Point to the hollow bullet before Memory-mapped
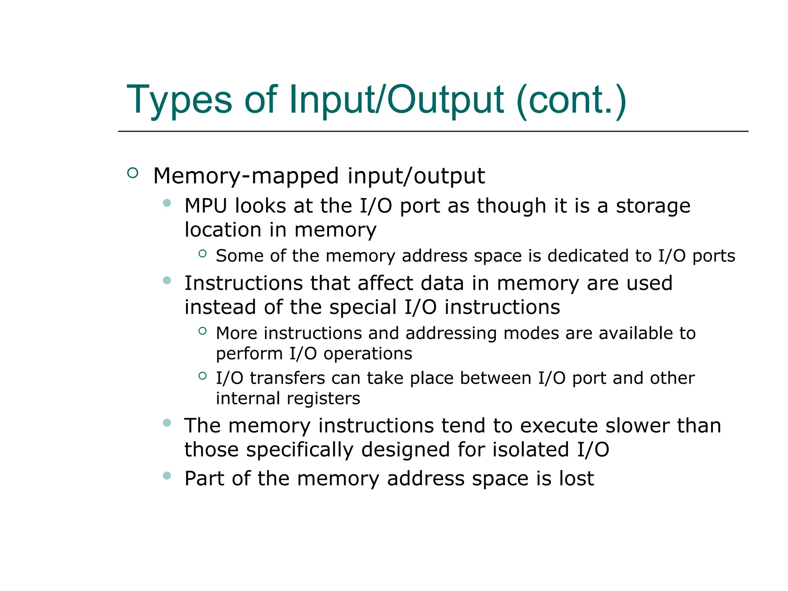[133, 173]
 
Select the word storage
[653, 206]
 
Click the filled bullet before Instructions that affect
[167, 280]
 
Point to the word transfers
[287, 378]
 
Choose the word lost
[576, 479]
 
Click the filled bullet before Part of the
[167, 476]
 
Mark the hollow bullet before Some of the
[203, 253]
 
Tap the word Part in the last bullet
[204, 479]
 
